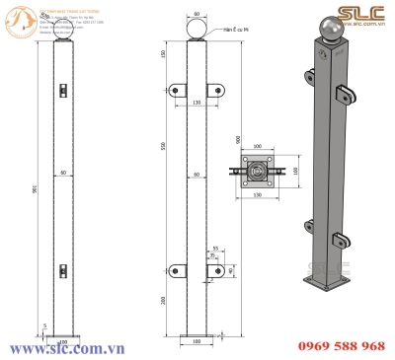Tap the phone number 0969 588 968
coord(341,345)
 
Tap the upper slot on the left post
coord(61,91)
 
